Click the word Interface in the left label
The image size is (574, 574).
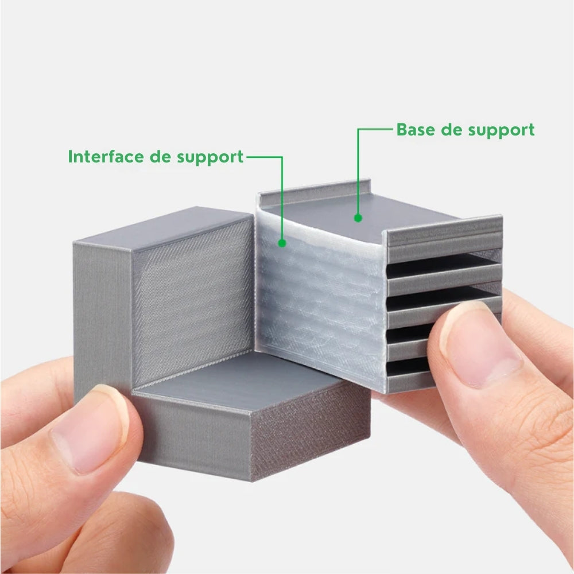106,156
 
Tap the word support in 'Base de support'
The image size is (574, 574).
501,131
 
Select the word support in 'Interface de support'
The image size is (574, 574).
210,158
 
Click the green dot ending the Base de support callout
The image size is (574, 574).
358,218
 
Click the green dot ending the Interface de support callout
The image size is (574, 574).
282,243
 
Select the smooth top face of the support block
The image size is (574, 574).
360,216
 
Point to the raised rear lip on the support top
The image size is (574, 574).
315,193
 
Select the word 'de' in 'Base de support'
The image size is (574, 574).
451,130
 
